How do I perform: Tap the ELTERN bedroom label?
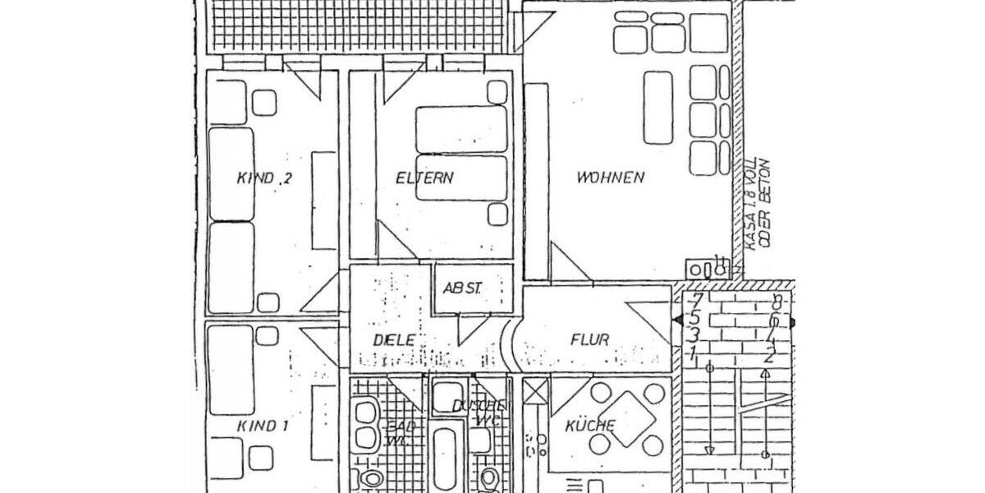(x=424, y=177)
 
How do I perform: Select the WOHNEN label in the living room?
(x=610, y=177)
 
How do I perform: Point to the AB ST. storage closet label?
(x=463, y=288)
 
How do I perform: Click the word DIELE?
(x=393, y=340)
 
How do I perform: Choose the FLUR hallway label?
(x=589, y=339)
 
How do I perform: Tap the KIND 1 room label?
(x=263, y=426)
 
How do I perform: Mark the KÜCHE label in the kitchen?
(x=590, y=426)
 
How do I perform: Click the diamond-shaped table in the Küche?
(x=628, y=419)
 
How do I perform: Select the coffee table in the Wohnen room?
(x=658, y=107)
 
